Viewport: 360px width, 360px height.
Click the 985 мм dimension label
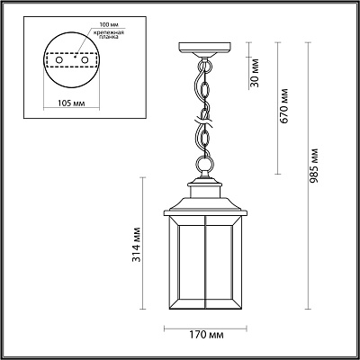[x=313, y=166]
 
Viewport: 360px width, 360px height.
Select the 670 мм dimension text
[x=283, y=105]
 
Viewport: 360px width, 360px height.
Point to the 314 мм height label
[x=137, y=245]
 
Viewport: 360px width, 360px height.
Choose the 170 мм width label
[x=206, y=335]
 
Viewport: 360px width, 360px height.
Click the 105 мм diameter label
[x=71, y=103]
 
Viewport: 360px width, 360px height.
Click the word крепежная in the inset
[x=108, y=32]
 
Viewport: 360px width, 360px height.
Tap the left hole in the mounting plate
[x=58, y=60]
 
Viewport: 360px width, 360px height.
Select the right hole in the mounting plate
[x=85, y=60]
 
